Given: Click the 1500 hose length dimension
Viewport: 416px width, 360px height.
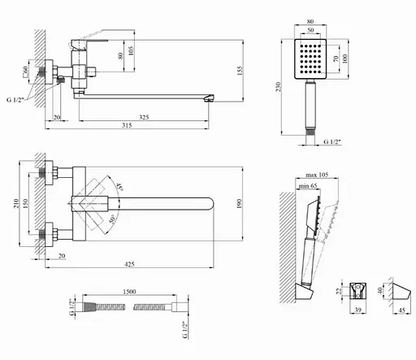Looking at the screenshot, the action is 129,292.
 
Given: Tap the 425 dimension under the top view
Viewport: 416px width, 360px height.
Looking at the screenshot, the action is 129,264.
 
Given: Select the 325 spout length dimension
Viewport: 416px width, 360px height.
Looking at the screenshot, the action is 144,117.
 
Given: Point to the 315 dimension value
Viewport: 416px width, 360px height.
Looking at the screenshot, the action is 127,125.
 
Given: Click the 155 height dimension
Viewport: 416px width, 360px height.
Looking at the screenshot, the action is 240,71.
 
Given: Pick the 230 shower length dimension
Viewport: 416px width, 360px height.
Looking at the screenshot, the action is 278,87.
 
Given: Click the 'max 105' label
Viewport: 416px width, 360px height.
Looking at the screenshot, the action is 317,175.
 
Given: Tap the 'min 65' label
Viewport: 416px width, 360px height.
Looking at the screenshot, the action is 308,186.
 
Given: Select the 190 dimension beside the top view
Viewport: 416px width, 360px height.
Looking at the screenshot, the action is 239,204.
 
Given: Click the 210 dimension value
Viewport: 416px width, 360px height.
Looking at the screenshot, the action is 16,203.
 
